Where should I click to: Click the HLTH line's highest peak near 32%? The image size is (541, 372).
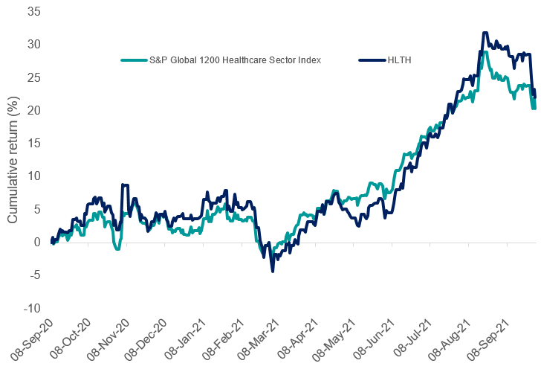[485, 32]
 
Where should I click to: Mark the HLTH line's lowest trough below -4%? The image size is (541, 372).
[273, 272]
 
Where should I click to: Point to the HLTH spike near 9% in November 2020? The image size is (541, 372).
[125, 185]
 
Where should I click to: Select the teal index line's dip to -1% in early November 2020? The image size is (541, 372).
[117, 249]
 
